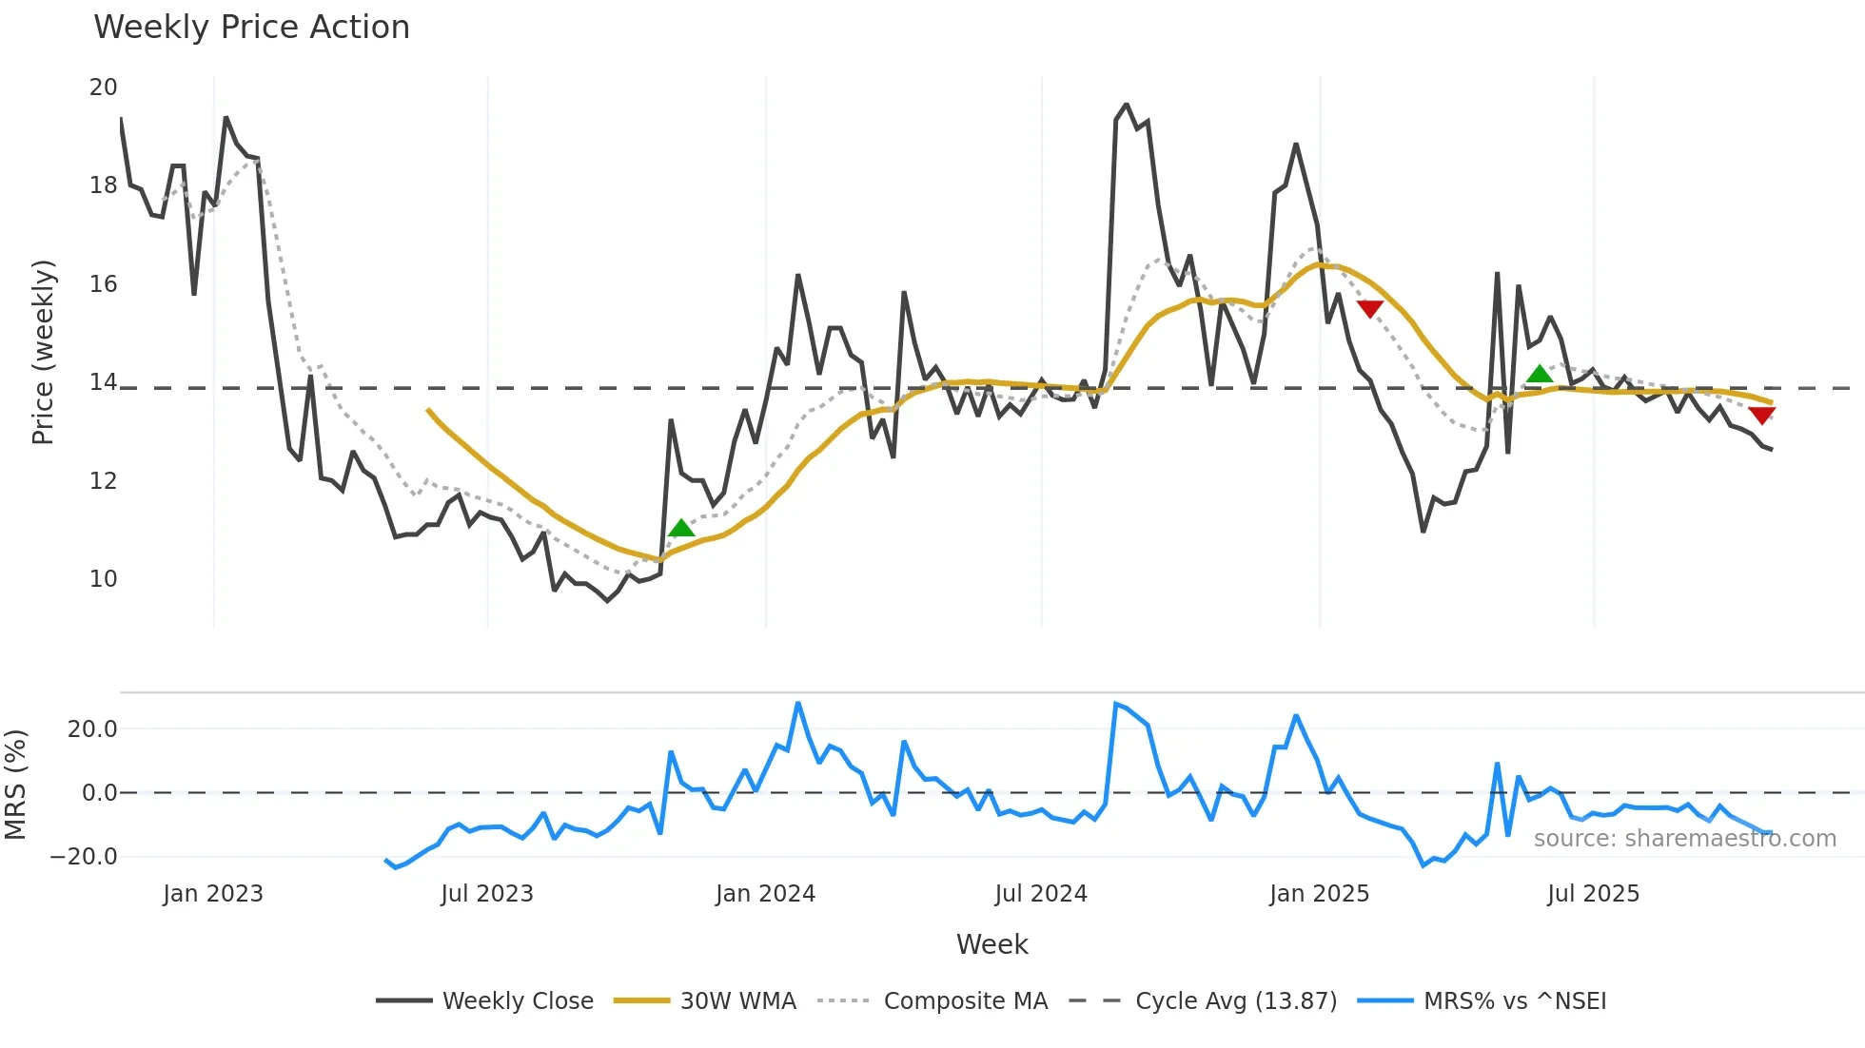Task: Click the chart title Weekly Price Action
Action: click(251, 28)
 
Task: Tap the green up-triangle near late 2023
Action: click(681, 529)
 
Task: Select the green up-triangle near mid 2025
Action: click(1540, 374)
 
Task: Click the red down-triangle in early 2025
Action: click(1369, 308)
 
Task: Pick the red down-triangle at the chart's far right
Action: click(1761, 416)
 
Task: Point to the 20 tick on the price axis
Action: click(103, 87)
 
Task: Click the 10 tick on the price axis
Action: click(103, 579)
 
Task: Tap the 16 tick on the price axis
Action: click(103, 284)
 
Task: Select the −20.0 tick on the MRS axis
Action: click(84, 857)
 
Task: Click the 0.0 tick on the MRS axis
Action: click(99, 793)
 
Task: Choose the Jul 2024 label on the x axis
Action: click(1041, 894)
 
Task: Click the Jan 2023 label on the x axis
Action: click(213, 894)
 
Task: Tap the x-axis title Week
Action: click(991, 944)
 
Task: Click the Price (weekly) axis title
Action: click(44, 352)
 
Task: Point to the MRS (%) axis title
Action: click(15, 785)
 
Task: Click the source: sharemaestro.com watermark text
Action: click(1684, 839)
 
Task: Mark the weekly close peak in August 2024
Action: click(1127, 105)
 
